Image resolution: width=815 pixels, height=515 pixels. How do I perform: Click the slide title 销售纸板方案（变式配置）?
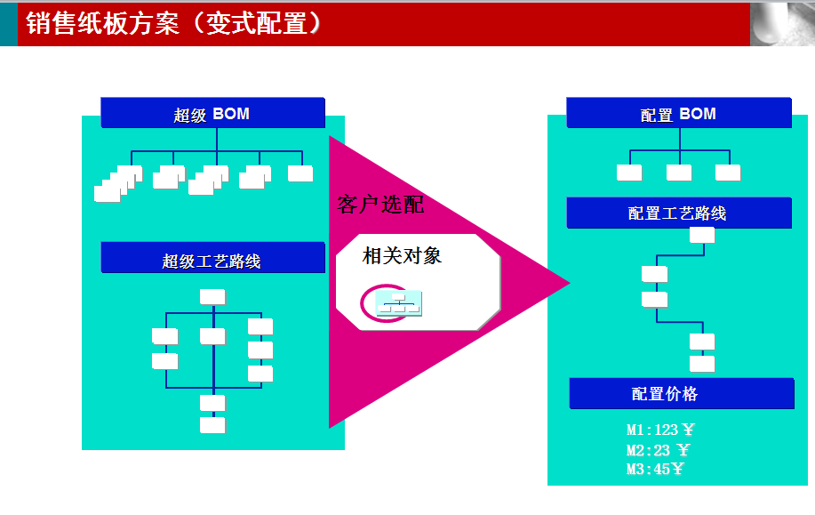[173, 23]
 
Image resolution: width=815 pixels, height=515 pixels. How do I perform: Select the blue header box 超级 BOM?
[212, 112]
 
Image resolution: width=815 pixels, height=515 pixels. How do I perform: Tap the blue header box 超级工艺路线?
[212, 258]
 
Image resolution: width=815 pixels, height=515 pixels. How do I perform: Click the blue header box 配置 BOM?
[679, 112]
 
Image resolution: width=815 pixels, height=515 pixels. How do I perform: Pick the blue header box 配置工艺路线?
[679, 213]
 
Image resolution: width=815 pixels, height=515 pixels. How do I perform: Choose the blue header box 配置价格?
[682, 393]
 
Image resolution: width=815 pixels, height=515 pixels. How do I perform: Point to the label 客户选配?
[380, 205]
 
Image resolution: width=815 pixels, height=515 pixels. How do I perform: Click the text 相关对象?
[402, 256]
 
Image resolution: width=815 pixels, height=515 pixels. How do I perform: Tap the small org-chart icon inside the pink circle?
[399, 303]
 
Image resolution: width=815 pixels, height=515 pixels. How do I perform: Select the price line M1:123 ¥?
[660, 430]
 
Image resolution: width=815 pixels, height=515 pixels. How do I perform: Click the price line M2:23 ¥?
[658, 450]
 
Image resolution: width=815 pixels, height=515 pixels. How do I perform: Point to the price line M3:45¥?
[654, 470]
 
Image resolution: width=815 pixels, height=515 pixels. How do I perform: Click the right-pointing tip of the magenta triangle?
[571, 283]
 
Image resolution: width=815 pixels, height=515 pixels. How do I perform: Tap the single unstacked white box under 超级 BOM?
[300, 173]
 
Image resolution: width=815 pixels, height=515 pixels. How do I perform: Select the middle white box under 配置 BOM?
[679, 173]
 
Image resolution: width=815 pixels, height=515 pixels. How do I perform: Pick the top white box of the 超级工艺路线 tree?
[212, 297]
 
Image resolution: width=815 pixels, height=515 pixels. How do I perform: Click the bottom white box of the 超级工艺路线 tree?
[212, 425]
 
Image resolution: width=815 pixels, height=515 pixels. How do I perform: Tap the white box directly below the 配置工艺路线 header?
[702, 235]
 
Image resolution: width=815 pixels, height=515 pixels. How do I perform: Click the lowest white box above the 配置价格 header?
[702, 364]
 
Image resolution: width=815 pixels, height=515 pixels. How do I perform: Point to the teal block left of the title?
[9, 24]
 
